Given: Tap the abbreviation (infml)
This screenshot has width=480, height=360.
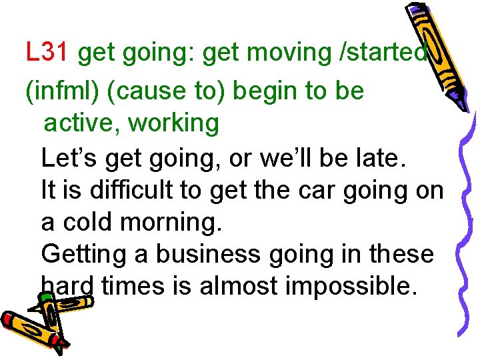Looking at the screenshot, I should pos(62,91).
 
